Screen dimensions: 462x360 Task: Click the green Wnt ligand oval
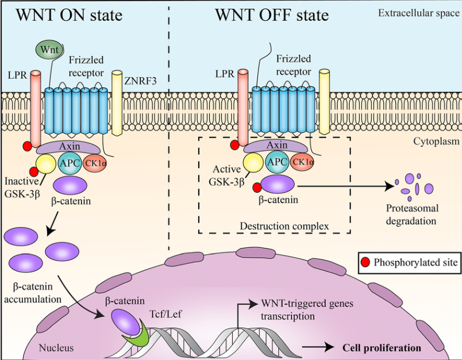click(x=49, y=49)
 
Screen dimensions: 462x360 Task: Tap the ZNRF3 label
click(x=140, y=81)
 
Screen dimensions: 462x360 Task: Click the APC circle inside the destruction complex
click(x=277, y=162)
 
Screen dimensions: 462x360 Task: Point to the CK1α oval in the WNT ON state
click(x=95, y=162)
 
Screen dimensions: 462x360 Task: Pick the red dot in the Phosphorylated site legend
click(x=365, y=262)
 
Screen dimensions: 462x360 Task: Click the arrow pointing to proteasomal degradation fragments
click(x=345, y=186)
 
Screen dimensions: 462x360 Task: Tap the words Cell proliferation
click(x=382, y=348)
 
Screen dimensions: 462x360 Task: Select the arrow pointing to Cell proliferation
click(x=318, y=347)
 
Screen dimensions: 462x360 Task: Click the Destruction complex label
click(x=284, y=226)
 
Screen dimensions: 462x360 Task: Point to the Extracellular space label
click(x=419, y=13)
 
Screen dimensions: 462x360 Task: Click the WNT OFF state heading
click(x=272, y=15)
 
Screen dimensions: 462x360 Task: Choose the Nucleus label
click(x=56, y=348)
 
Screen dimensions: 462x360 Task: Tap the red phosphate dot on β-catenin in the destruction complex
click(x=257, y=187)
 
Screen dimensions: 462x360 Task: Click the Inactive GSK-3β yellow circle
click(x=45, y=164)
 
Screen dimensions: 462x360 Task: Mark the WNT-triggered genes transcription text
click(x=307, y=310)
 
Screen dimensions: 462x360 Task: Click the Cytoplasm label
click(x=436, y=141)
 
